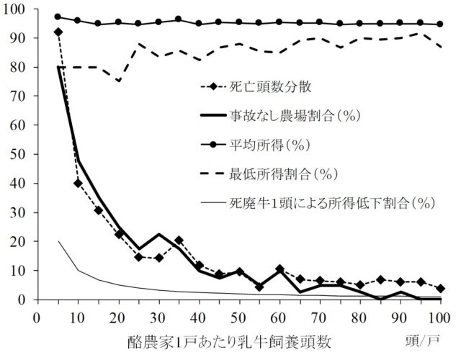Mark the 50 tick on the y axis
(x=20, y=154)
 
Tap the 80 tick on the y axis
(x=20, y=67)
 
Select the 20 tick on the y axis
(x=20, y=241)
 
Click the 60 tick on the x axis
(x=279, y=317)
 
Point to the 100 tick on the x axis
(x=439, y=317)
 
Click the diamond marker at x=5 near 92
(x=58, y=32)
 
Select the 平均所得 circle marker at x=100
(x=439, y=24)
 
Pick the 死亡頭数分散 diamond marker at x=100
(x=439, y=288)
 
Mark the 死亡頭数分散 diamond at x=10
(x=78, y=183)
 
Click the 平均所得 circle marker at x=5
(x=58, y=17)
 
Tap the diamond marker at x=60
(x=279, y=269)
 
